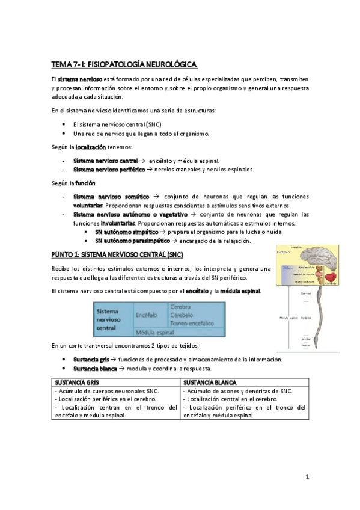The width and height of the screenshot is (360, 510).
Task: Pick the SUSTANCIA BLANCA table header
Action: [x=210, y=382]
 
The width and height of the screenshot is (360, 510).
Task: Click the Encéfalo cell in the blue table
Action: [x=147, y=314]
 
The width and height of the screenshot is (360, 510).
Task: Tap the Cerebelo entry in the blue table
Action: [x=182, y=314]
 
